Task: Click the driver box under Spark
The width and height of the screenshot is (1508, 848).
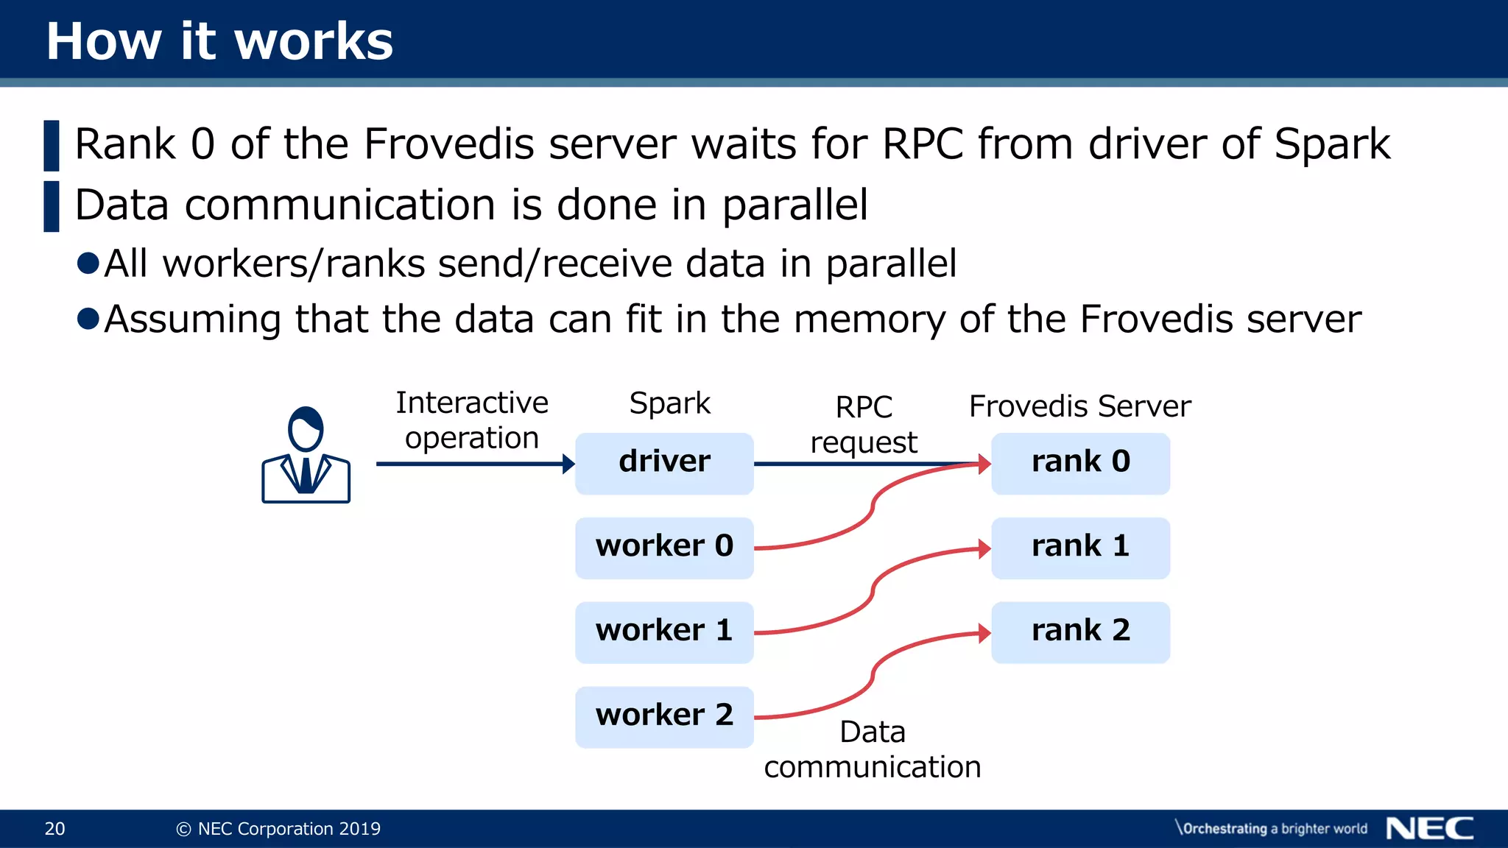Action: click(664, 463)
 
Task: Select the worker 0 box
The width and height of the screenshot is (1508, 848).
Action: click(664, 548)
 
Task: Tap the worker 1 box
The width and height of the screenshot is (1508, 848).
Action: click(664, 632)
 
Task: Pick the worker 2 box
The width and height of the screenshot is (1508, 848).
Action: click(664, 717)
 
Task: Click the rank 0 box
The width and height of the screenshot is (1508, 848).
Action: click(1080, 463)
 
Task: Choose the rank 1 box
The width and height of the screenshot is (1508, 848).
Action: click(1080, 548)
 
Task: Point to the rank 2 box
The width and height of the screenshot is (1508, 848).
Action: click(1080, 632)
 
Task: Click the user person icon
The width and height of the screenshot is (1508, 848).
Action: click(306, 456)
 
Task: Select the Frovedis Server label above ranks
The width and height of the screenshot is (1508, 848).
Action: click(1079, 406)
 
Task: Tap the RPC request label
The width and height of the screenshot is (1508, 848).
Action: click(864, 425)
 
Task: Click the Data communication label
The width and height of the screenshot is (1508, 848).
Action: click(873, 749)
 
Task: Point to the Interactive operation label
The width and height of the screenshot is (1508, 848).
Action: click(472, 420)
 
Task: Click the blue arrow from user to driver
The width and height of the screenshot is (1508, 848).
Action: click(471, 464)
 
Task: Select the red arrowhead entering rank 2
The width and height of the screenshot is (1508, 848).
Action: click(984, 633)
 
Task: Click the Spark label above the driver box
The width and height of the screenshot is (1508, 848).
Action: click(669, 403)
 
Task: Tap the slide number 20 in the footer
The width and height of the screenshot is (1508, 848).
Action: click(55, 829)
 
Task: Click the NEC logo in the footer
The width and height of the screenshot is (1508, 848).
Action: click(1429, 829)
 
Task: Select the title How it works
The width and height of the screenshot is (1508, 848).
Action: click(219, 41)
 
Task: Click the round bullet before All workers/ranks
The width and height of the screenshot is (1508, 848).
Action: click(88, 264)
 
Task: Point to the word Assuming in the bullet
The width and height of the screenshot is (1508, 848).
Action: click(192, 320)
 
